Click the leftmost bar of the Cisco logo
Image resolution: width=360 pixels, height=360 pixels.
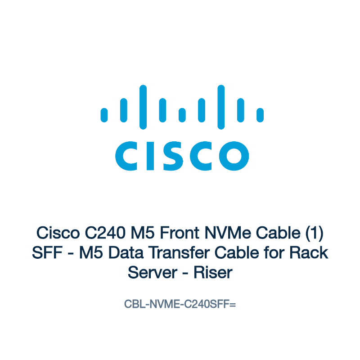(x=104, y=115)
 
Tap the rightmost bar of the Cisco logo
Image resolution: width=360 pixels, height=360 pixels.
(x=260, y=115)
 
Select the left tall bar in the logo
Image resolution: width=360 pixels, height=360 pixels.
(x=143, y=107)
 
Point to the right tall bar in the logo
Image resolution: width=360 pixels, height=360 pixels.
(x=221, y=107)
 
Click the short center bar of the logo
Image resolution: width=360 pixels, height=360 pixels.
(x=182, y=115)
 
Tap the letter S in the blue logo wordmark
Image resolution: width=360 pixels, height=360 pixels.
(x=173, y=156)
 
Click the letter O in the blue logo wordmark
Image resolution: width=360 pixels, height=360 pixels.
(x=234, y=156)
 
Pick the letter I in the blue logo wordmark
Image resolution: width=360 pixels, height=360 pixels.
(x=150, y=156)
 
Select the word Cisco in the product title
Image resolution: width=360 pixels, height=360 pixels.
(x=58, y=233)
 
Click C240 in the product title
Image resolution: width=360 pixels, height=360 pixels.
(x=105, y=233)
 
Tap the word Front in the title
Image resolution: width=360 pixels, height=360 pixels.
(x=180, y=233)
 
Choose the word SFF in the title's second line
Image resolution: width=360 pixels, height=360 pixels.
(x=47, y=253)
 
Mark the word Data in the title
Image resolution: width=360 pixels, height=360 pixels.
(x=126, y=253)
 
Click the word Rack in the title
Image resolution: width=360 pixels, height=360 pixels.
(x=309, y=253)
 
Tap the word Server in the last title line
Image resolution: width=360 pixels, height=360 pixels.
(x=153, y=273)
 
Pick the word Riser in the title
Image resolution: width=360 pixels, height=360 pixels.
(x=213, y=273)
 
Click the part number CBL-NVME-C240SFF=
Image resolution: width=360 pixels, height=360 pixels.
(x=180, y=304)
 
